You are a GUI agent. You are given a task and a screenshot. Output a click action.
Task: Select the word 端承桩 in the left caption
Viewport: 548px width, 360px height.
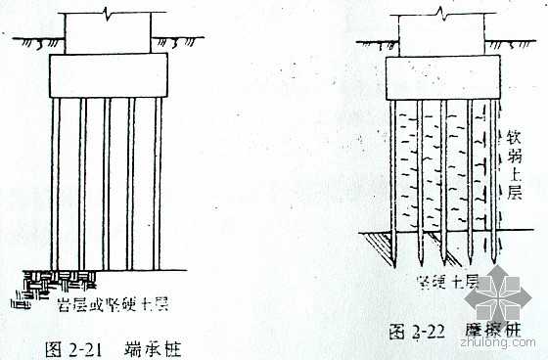point(149,344)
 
